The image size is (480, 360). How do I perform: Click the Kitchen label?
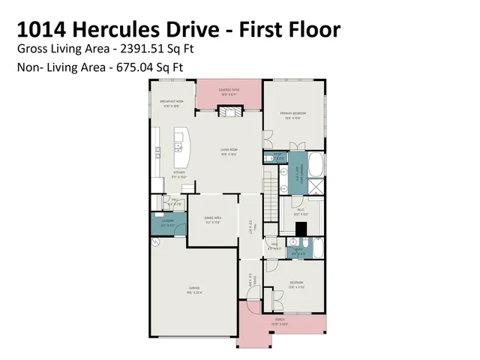(179, 174)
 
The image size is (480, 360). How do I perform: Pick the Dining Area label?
(213, 219)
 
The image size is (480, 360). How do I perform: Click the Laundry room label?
(157, 222)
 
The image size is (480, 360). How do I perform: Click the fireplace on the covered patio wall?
(229, 111)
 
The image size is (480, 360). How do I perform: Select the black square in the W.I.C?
(301, 229)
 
